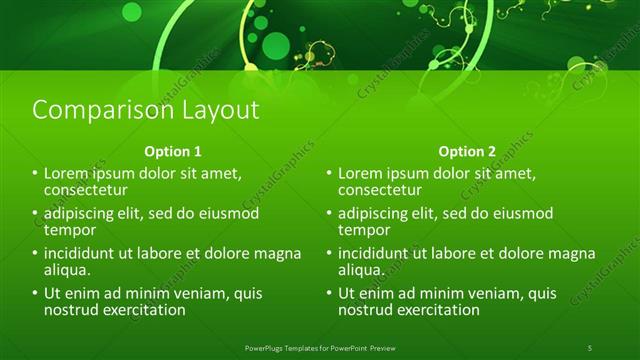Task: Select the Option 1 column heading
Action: (173, 152)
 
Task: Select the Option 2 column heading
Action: (466, 152)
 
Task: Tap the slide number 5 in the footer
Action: (590, 347)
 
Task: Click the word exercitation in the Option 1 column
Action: (144, 310)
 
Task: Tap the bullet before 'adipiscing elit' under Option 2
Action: (329, 214)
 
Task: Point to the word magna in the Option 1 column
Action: (277, 254)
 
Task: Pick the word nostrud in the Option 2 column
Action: (367, 310)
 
